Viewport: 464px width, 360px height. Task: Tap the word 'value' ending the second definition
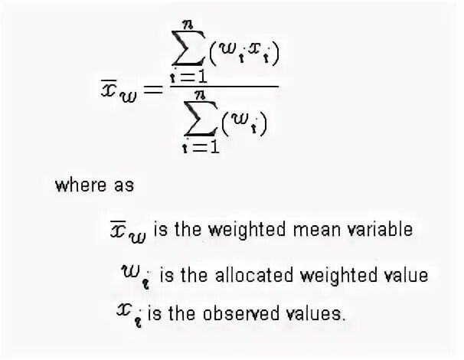tap(407, 273)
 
